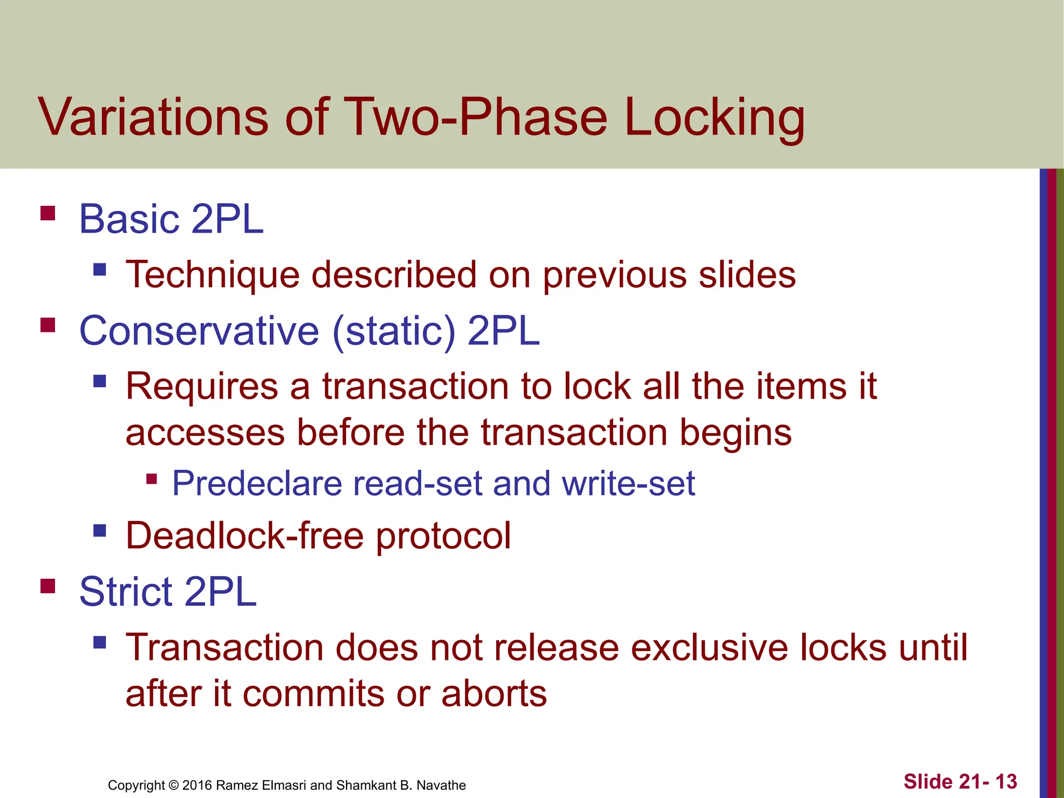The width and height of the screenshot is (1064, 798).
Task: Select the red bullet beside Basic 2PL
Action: [48, 214]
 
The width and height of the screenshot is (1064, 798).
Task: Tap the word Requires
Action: [202, 387]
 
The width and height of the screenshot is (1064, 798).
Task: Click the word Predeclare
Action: [257, 484]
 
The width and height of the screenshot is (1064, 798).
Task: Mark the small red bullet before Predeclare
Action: [152, 478]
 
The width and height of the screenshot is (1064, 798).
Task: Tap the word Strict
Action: [125, 592]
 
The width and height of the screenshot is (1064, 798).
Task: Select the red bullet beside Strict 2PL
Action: [48, 586]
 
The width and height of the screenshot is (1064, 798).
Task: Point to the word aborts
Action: [494, 694]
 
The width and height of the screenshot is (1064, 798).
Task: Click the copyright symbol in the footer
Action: [174, 785]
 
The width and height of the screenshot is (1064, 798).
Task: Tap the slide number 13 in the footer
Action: [1006, 781]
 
